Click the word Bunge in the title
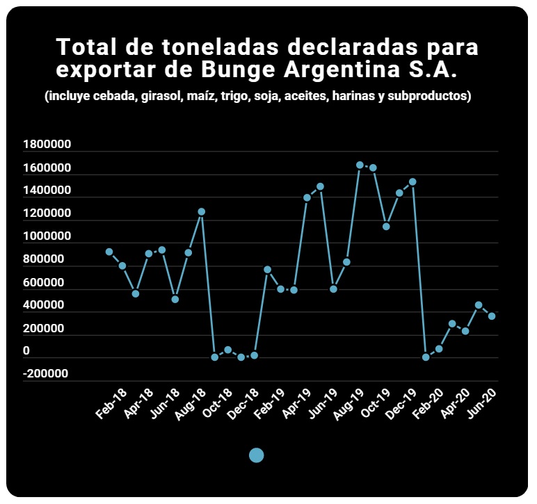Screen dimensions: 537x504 point(238,70)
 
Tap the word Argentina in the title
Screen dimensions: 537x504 point(342,70)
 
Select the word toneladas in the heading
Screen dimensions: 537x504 point(221,47)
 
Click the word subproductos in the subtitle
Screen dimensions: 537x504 point(429,96)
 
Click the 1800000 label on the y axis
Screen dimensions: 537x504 point(47,144)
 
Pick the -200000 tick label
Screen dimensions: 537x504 point(45,373)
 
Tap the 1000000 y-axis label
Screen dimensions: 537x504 point(47,236)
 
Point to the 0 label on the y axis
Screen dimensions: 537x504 point(26,350)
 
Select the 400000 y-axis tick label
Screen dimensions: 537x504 point(44,304)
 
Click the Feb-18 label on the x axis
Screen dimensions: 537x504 point(111,404)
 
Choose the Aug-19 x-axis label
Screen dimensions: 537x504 point(348,404)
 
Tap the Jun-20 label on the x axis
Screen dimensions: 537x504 point(481,403)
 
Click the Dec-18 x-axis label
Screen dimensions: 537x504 point(243,404)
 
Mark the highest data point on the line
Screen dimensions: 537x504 point(360,165)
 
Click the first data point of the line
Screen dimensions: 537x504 point(109,252)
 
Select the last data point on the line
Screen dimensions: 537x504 point(492,316)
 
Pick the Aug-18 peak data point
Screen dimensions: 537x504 point(202,212)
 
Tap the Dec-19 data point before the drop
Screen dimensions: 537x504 point(412,181)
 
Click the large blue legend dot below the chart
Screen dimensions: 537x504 point(256,455)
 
